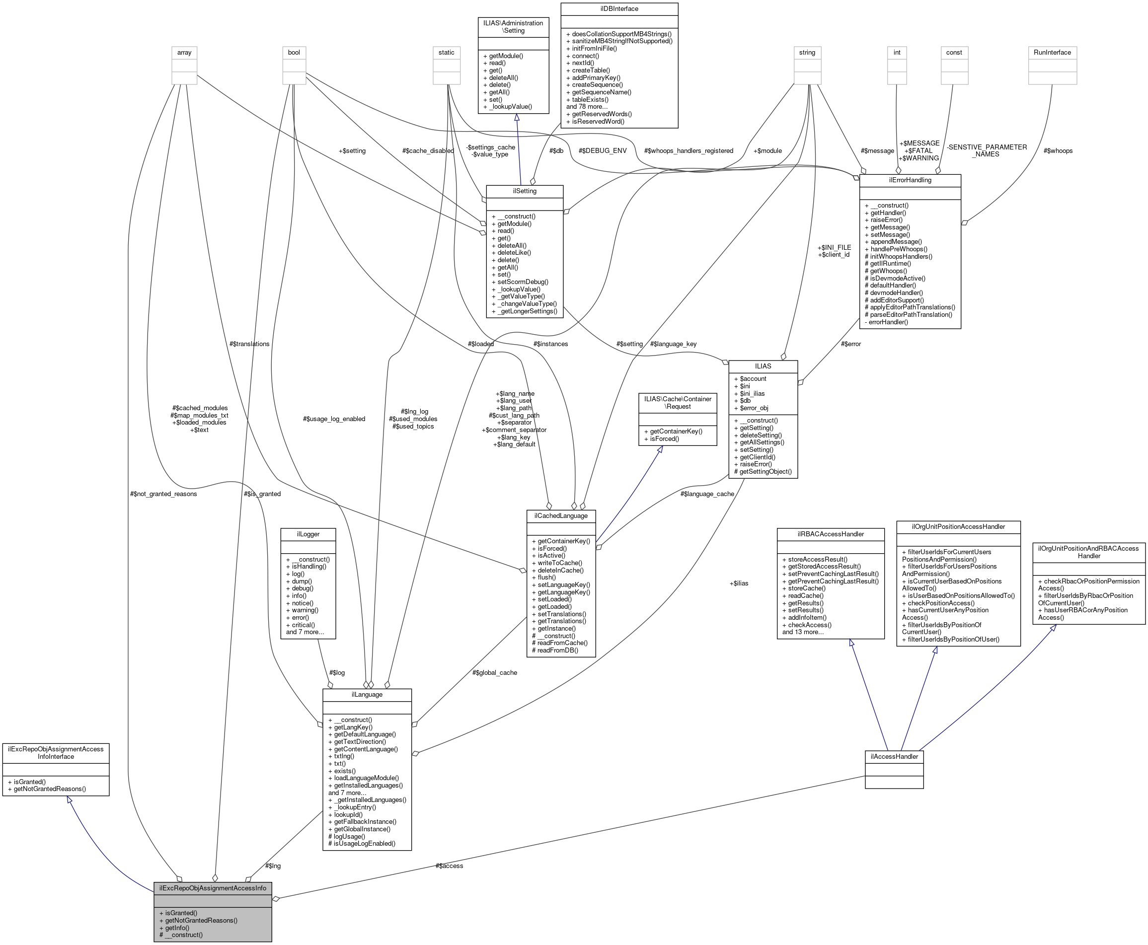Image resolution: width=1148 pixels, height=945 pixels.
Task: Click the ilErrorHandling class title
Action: (910, 180)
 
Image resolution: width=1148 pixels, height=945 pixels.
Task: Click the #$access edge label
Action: (449, 866)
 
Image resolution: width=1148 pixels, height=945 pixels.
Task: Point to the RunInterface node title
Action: (1052, 53)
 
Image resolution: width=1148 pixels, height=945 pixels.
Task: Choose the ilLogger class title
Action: (307, 534)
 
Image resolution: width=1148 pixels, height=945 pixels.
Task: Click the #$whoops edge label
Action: (1058, 151)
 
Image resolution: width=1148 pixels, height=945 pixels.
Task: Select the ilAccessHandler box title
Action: (894, 756)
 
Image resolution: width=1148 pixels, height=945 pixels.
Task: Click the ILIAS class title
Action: (763, 366)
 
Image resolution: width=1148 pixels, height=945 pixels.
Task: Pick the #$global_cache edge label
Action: (494, 672)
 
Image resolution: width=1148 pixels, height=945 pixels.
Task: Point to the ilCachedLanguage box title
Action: (560, 515)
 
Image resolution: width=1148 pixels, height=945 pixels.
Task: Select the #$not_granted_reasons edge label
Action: (163, 494)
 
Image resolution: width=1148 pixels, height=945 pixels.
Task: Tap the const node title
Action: (954, 53)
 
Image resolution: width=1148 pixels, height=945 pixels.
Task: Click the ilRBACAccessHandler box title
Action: (830, 534)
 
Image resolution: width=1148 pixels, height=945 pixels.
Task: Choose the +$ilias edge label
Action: (739, 583)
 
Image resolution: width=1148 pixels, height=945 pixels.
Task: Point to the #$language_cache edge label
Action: (707, 494)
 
